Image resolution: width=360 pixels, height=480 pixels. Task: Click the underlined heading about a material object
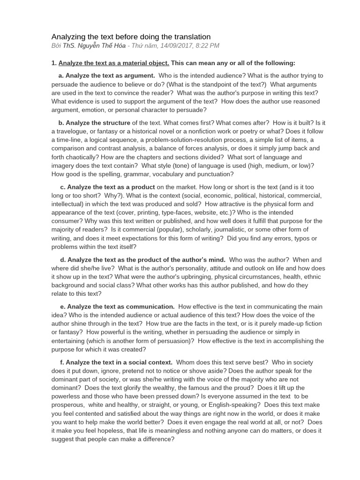click(x=114, y=63)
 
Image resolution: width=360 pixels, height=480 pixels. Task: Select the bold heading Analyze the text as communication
click(x=120, y=307)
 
